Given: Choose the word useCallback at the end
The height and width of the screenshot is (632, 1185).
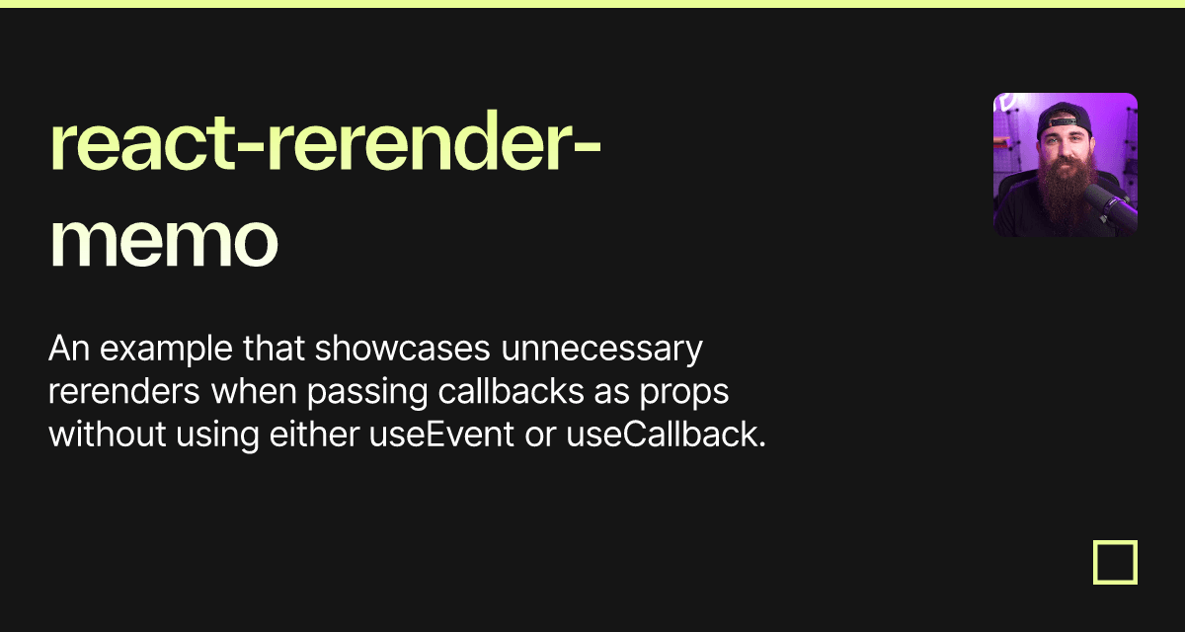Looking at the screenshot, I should click(x=666, y=434).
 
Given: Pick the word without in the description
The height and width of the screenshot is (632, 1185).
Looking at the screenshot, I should click(x=107, y=434).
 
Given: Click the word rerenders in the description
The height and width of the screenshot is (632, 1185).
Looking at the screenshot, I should click(x=124, y=392).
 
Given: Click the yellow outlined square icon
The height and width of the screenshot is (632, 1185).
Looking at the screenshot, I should click(x=1115, y=562).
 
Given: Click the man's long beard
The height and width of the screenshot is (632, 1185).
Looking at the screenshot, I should click(x=1064, y=197).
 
